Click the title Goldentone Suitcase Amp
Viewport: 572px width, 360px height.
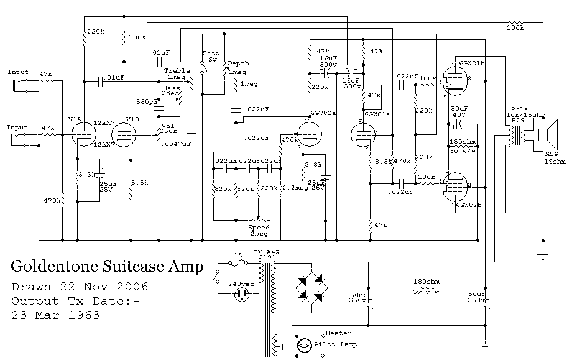pyautogui.click(x=108, y=267)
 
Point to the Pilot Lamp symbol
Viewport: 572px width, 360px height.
pyautogui.click(x=304, y=345)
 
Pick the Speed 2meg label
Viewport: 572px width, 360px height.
pyautogui.click(x=259, y=230)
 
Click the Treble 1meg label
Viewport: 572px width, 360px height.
pyautogui.click(x=177, y=73)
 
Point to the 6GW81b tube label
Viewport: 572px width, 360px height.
pyautogui.click(x=471, y=63)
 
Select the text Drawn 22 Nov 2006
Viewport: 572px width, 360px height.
pyautogui.click(x=80, y=287)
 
